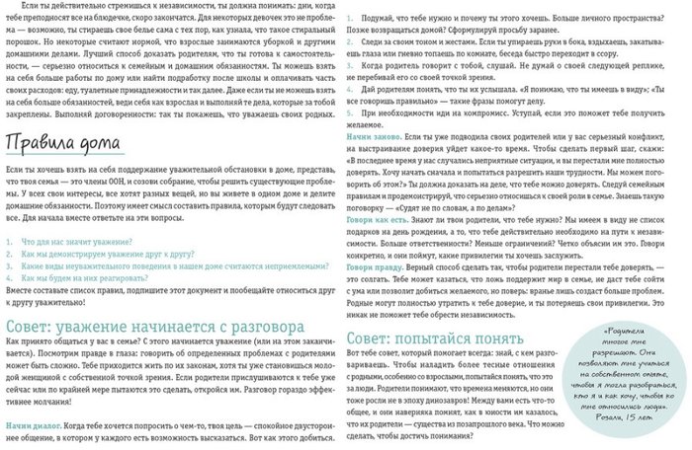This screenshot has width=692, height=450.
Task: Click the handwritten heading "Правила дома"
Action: (60, 148)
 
